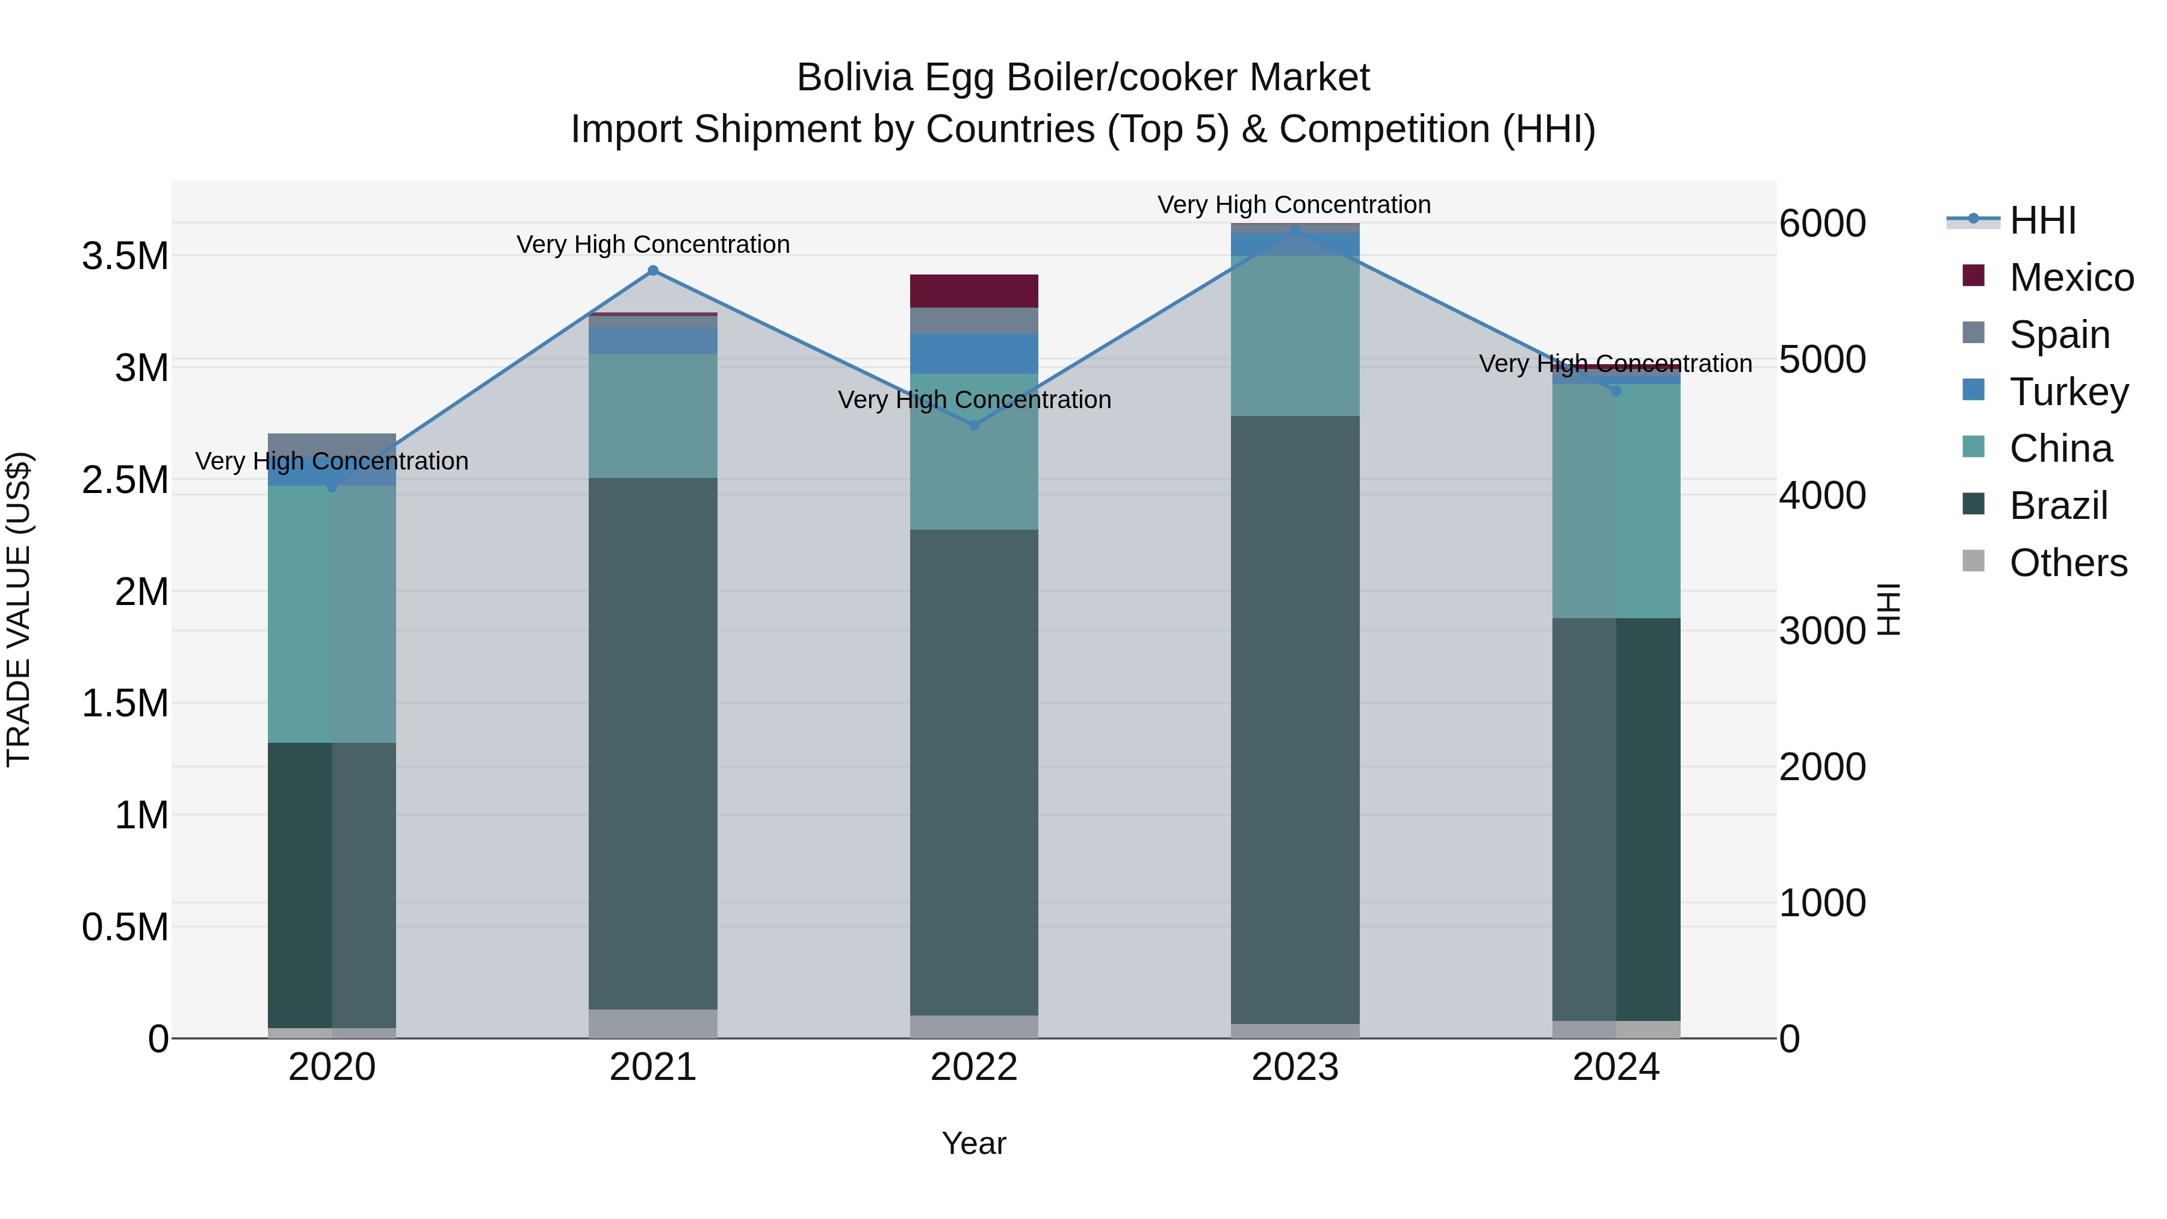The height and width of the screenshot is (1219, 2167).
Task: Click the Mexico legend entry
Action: tap(2070, 278)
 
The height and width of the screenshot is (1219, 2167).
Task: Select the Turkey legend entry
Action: tap(2068, 392)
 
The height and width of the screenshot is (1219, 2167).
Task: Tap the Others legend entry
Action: tap(2068, 563)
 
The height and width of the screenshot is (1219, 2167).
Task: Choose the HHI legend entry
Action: tap(2042, 220)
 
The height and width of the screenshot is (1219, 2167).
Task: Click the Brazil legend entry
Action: tap(2057, 506)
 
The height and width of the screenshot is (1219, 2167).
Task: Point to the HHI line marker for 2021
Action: tap(653, 271)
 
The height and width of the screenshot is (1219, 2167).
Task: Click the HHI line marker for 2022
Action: tap(974, 426)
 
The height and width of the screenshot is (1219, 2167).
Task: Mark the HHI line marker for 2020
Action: tap(332, 487)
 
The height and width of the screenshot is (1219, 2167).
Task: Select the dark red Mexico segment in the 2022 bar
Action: tap(974, 291)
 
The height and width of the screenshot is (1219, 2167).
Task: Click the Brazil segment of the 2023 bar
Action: tap(1295, 719)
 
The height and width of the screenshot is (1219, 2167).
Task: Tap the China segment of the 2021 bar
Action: tap(653, 415)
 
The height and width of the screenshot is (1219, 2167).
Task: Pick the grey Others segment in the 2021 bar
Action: tap(653, 1023)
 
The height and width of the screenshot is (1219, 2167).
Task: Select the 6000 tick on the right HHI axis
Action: tap(1822, 224)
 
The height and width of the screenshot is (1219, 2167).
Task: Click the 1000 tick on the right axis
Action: tap(1822, 904)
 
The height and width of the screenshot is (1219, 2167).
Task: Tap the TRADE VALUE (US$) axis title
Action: tap(19, 609)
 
